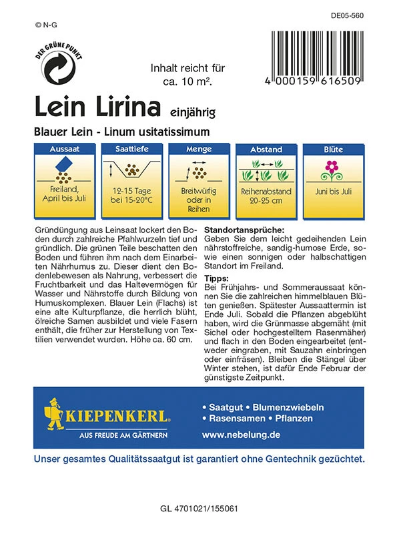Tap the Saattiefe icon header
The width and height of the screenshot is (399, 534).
click(x=131, y=149)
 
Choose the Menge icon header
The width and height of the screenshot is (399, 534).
click(x=198, y=149)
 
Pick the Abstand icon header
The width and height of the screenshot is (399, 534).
click(x=266, y=149)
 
